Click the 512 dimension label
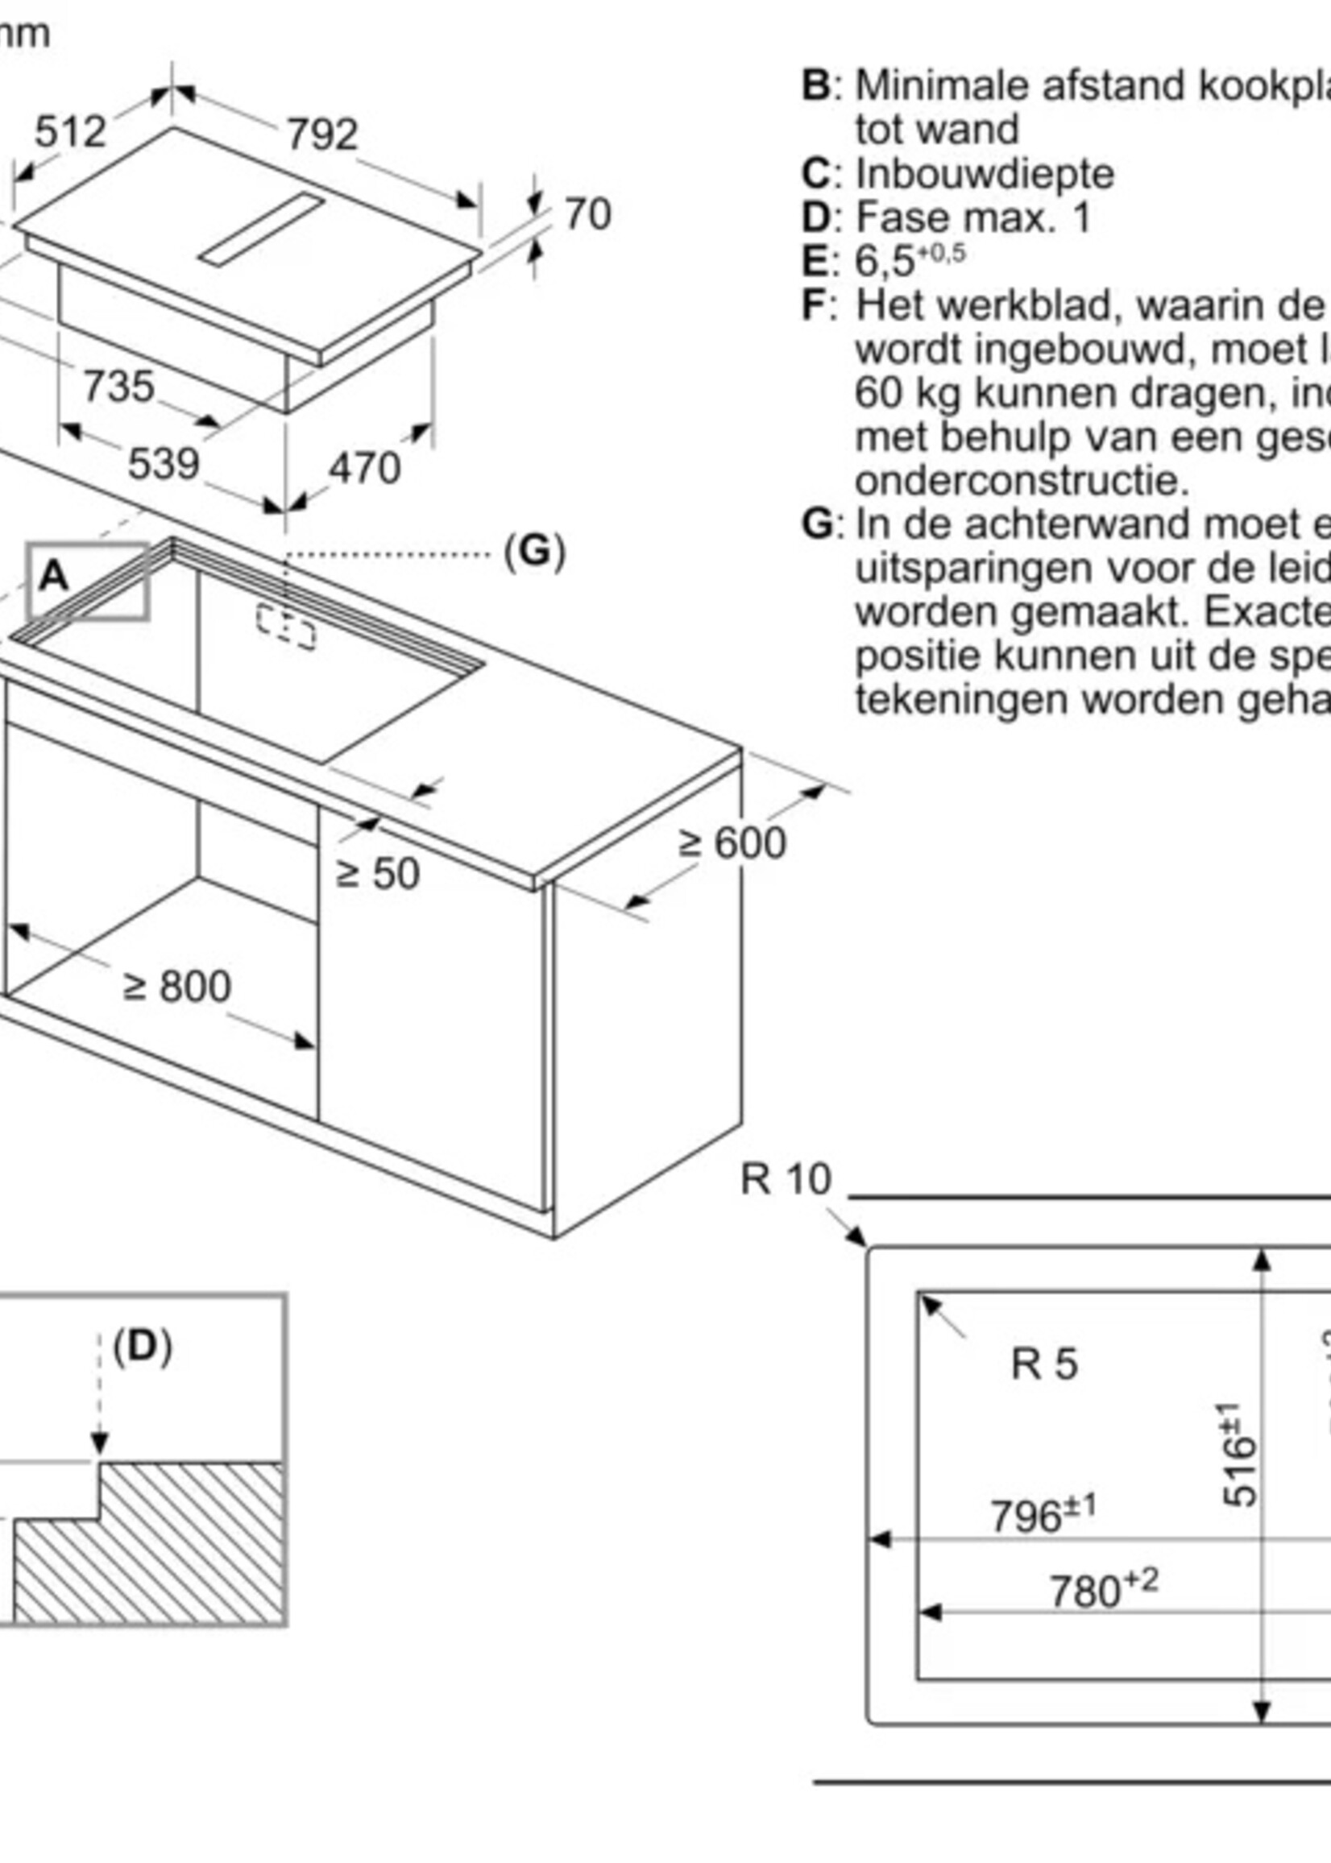coord(70,132)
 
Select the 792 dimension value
coord(322,135)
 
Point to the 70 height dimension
coord(587,214)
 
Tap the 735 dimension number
coord(119,386)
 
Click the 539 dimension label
coord(163,464)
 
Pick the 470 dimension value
coord(365,469)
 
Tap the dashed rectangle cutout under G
coord(286,627)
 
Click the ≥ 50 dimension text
coord(377,873)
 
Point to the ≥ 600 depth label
coord(732,842)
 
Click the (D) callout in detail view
coord(143,1347)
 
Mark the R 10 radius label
coord(786,1180)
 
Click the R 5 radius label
coord(1043,1364)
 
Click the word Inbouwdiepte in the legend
coord(985,174)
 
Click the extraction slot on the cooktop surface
coord(263,230)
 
